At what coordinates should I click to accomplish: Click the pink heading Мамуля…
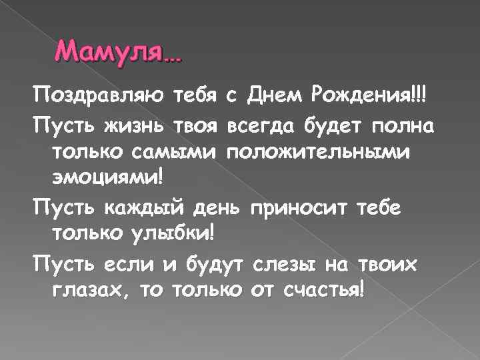[x=118, y=51]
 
